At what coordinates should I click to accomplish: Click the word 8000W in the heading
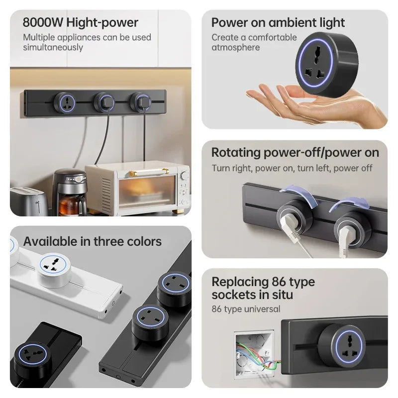click(x=43, y=22)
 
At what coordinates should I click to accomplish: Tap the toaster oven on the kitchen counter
click(x=137, y=188)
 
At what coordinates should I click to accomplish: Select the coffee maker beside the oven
click(x=70, y=192)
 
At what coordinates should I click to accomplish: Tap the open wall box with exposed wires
click(x=255, y=350)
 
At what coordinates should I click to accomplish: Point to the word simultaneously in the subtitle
click(x=53, y=47)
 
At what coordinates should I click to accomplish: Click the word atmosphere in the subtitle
click(x=236, y=47)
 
